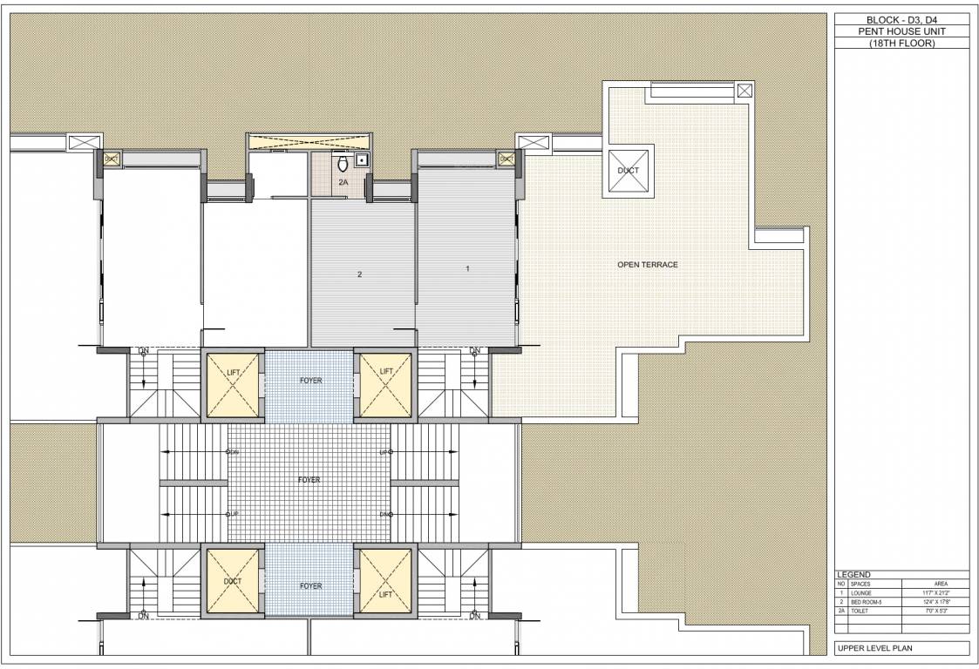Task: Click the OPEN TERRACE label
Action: tap(647, 265)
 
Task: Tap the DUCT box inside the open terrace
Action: tap(628, 171)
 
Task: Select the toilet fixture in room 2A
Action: tap(343, 163)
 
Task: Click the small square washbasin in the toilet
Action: tap(360, 160)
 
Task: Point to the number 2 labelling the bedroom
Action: tap(359, 274)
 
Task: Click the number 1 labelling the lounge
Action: tap(467, 269)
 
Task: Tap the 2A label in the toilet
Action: tap(343, 184)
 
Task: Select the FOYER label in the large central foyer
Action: tap(309, 480)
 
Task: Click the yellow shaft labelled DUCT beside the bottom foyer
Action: tap(232, 581)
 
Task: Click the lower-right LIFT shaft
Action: tap(386, 581)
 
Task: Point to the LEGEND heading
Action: tap(853, 575)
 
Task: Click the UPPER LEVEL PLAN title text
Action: tap(873, 648)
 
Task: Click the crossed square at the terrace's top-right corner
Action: tap(744, 91)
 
